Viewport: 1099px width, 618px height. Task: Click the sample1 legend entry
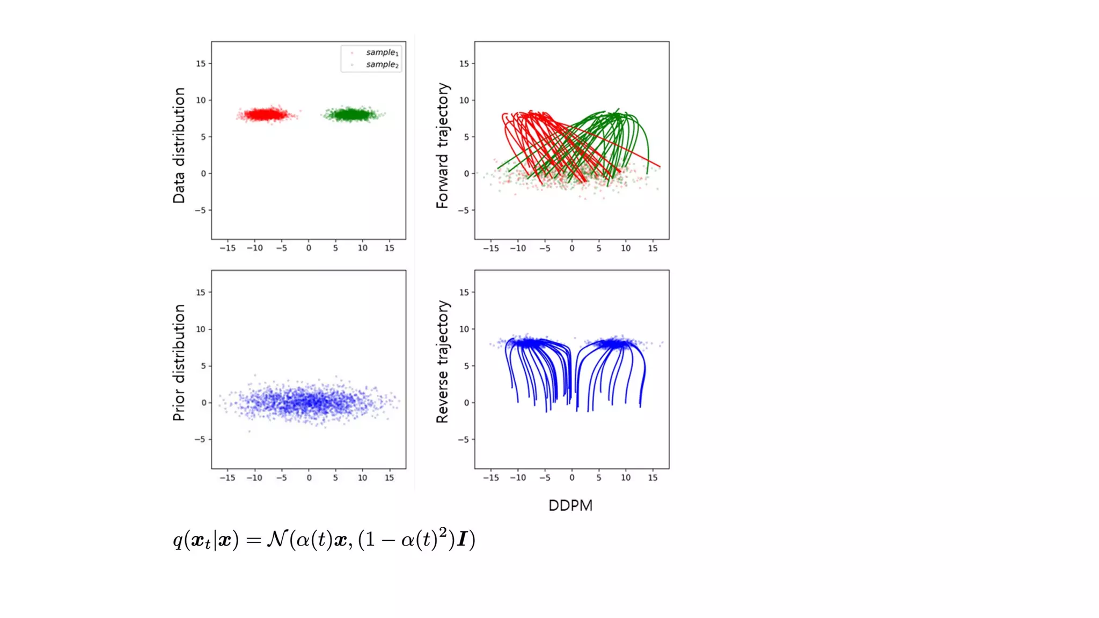[x=382, y=53]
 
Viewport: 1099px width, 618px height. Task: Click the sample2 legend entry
[x=382, y=64]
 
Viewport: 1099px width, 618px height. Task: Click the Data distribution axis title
[x=179, y=145]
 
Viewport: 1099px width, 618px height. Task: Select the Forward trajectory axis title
[x=442, y=145]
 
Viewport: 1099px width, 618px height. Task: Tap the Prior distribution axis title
[x=179, y=363]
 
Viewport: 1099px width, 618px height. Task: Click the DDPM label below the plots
[x=570, y=505]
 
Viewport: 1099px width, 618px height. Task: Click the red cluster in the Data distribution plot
[x=265, y=114]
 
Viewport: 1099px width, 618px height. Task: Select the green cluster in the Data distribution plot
[x=351, y=114]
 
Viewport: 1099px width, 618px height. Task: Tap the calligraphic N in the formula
[x=276, y=538]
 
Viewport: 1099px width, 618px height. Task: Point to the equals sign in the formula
[x=253, y=540]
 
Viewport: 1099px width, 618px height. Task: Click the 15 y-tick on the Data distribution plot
[x=201, y=63]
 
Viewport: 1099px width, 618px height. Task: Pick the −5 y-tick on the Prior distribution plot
[x=200, y=439]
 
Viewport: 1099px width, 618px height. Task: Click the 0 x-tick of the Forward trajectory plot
[x=572, y=248]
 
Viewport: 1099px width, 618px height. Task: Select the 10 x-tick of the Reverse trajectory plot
[x=626, y=477]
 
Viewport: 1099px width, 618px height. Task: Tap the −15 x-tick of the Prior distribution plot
[x=227, y=477]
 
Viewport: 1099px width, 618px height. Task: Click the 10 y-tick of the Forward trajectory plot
[x=464, y=100]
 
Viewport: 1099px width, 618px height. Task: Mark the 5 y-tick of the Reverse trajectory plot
[x=466, y=366]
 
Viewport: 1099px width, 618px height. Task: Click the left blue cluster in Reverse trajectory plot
[x=529, y=343]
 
